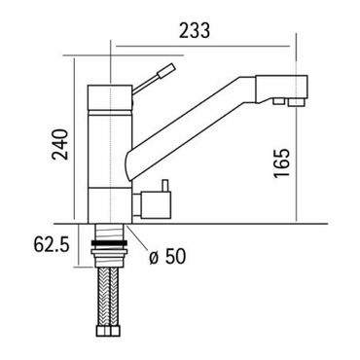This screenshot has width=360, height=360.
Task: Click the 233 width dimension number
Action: [x=195, y=30]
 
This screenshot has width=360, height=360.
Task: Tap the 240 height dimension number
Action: [x=61, y=145]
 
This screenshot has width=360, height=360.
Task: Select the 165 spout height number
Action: [x=281, y=163]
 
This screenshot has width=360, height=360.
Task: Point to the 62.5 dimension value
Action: [x=52, y=244]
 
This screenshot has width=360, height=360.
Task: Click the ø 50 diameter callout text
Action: [x=167, y=256]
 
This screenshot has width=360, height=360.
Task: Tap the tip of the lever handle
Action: [x=173, y=66]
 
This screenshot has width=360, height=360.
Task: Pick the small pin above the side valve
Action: [x=165, y=185]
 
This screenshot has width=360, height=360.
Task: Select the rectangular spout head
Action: [x=281, y=87]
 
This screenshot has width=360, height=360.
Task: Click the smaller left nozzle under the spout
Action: [x=278, y=101]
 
